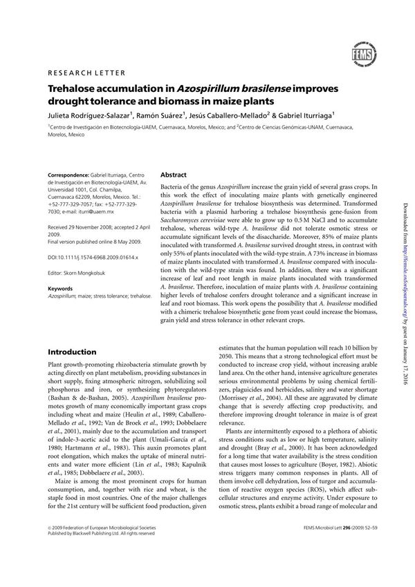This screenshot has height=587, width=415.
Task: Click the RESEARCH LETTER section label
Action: click(86, 73)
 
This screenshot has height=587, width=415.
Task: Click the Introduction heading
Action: click(72, 352)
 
